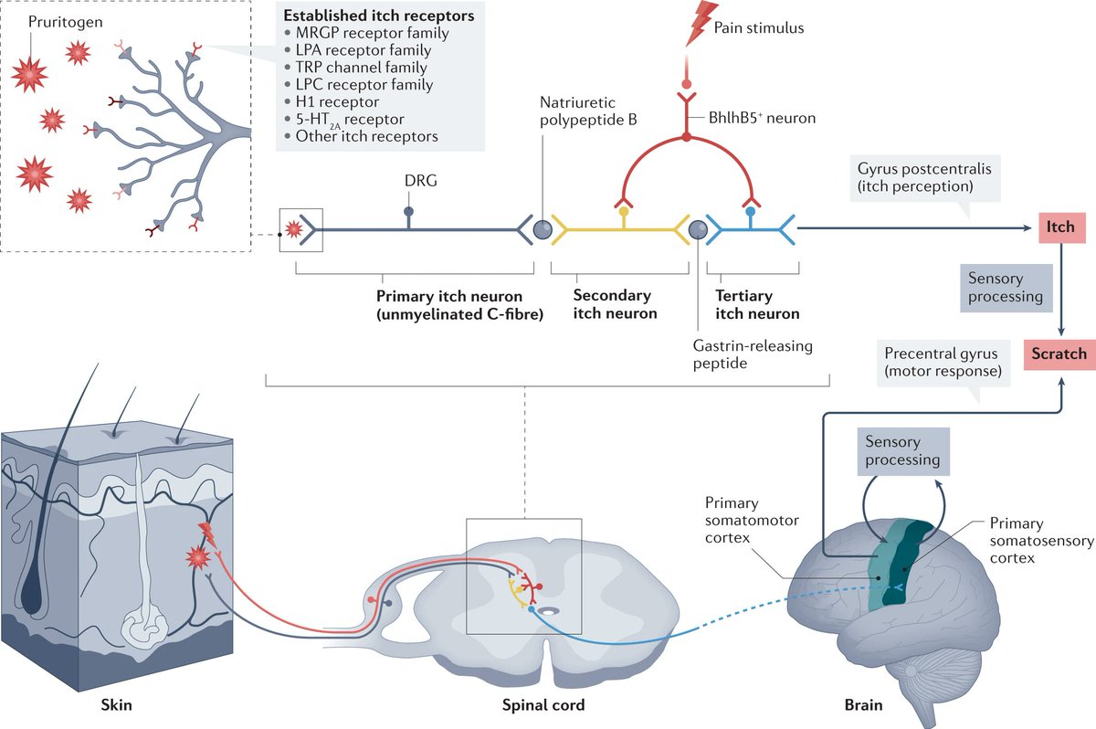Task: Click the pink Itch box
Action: pyautogui.click(x=1061, y=226)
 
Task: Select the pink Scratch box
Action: pyautogui.click(x=1059, y=354)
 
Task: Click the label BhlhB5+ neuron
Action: pyautogui.click(x=761, y=118)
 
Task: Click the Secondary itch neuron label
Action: pyautogui.click(x=614, y=304)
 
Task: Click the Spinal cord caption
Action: pyautogui.click(x=543, y=704)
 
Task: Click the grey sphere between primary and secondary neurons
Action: pyautogui.click(x=542, y=229)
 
